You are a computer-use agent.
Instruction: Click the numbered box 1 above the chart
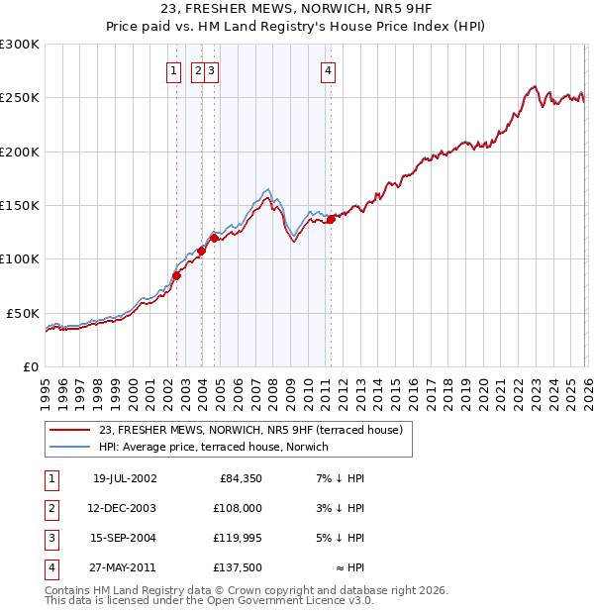click(x=173, y=70)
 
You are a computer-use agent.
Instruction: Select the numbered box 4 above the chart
click(x=327, y=70)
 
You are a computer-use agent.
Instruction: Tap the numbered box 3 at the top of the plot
click(x=212, y=70)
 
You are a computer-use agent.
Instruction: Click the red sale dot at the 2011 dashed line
click(x=331, y=220)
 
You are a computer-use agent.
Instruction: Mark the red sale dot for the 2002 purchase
click(x=177, y=276)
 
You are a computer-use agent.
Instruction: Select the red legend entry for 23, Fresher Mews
click(x=250, y=431)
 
